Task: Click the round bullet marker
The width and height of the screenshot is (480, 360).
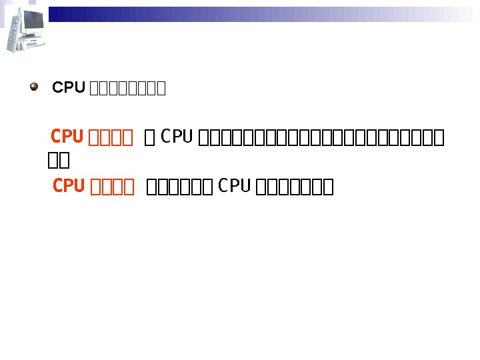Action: pyautogui.click(x=34, y=87)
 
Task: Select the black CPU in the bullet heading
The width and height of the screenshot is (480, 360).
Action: pyautogui.click(x=69, y=88)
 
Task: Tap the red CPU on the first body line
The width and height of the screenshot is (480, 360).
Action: pyautogui.click(x=67, y=137)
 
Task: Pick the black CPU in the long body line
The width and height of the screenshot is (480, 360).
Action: pyautogui.click(x=177, y=137)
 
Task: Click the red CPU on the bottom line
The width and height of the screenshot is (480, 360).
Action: pyautogui.click(x=69, y=186)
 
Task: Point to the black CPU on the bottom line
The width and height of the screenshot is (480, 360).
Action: pyautogui.click(x=234, y=186)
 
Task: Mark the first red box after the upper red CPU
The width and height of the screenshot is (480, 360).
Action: pyautogui.click(x=93, y=138)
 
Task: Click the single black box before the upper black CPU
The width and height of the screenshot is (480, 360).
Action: pyautogui.click(x=150, y=138)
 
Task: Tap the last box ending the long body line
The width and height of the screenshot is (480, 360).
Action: pyautogui.click(x=439, y=138)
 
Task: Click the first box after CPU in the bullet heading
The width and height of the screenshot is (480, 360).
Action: pyautogui.click(x=93, y=89)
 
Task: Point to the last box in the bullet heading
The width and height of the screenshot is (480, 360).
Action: pyautogui.click(x=161, y=89)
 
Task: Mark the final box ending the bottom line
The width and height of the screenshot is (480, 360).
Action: pyautogui.click(x=328, y=187)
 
